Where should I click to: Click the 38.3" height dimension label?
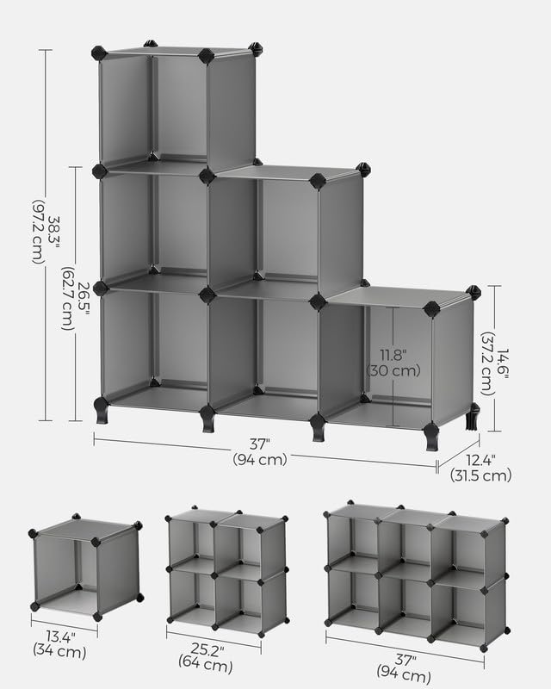[54, 233]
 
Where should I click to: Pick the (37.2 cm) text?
[486, 357]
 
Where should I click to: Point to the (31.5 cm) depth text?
[480, 475]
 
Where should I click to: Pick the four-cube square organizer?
[226, 568]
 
